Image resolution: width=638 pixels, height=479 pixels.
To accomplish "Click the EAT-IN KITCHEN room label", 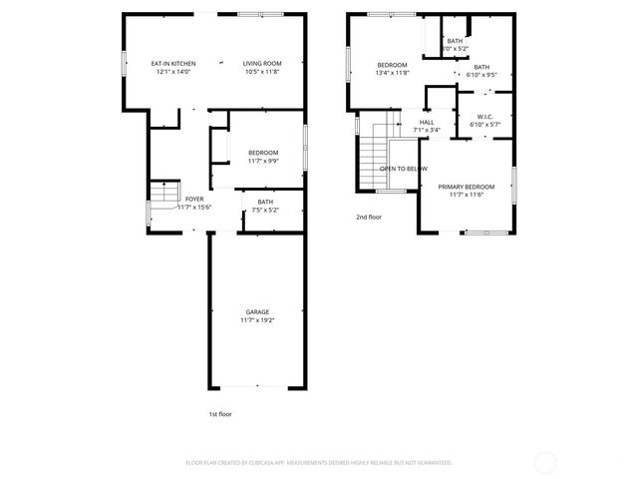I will coord(172,63).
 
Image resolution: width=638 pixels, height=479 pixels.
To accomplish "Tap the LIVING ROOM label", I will coord(262,63).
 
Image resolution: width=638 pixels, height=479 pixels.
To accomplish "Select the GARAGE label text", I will coord(257,312).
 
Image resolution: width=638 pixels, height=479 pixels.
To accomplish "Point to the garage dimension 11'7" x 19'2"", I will coord(257,320).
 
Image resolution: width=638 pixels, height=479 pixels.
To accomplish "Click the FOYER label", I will coord(194,199).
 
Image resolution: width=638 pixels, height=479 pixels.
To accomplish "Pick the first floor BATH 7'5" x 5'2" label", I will coord(265,203).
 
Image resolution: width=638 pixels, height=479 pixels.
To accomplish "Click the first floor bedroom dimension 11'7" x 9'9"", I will coord(263,160).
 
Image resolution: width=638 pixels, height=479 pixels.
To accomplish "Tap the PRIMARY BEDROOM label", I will coord(466,187).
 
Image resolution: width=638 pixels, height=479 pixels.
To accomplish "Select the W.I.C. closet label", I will coord(484,117).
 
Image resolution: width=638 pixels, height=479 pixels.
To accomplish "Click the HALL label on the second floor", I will coord(426,122).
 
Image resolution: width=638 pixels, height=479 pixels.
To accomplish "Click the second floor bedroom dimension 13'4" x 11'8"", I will coord(393,72).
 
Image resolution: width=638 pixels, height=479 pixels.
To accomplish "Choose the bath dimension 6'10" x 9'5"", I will coord(480,74).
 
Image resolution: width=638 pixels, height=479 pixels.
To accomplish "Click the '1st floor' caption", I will coord(220,414).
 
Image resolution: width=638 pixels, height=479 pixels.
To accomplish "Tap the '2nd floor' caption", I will coord(369,217).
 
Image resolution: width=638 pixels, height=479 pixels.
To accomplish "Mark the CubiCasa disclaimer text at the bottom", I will coord(319,462).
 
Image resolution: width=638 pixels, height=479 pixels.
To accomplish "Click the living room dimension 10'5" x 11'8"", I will coord(262,71).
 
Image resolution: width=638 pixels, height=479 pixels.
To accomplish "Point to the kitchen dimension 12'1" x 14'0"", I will coord(172,71).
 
